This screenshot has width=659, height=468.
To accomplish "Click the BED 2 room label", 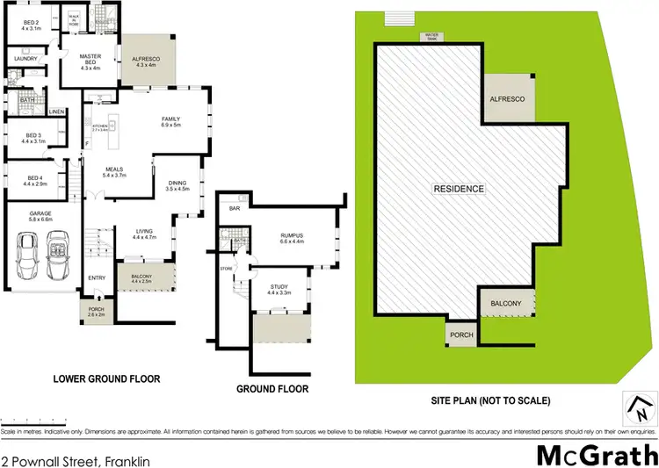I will point(31,24).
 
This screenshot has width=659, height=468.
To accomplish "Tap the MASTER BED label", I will point(91,61).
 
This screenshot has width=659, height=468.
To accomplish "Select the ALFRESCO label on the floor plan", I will point(142,61).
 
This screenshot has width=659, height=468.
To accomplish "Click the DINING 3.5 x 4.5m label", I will point(178,185).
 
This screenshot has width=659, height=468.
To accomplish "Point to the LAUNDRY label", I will point(23,59).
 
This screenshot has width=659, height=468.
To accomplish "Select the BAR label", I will point(234,210).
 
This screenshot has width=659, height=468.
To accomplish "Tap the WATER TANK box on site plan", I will point(431,37).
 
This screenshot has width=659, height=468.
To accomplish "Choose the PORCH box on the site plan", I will point(461,335).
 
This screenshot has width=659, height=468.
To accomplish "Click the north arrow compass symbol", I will point(640,408).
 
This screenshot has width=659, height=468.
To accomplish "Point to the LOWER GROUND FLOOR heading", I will point(112,379).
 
